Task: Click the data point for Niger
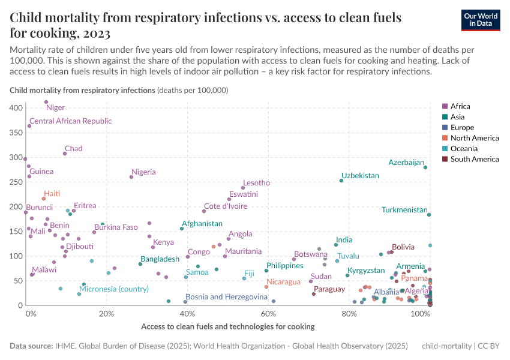(46, 102)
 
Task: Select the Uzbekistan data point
(341, 181)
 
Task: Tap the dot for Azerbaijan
(425, 167)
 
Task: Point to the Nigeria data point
(131, 177)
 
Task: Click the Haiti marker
(44, 199)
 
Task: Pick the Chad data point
(65, 154)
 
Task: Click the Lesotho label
(256, 183)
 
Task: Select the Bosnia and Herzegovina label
(226, 296)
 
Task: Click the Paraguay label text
(329, 289)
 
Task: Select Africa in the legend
(460, 106)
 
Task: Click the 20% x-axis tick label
(106, 314)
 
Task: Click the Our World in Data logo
(481, 19)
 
